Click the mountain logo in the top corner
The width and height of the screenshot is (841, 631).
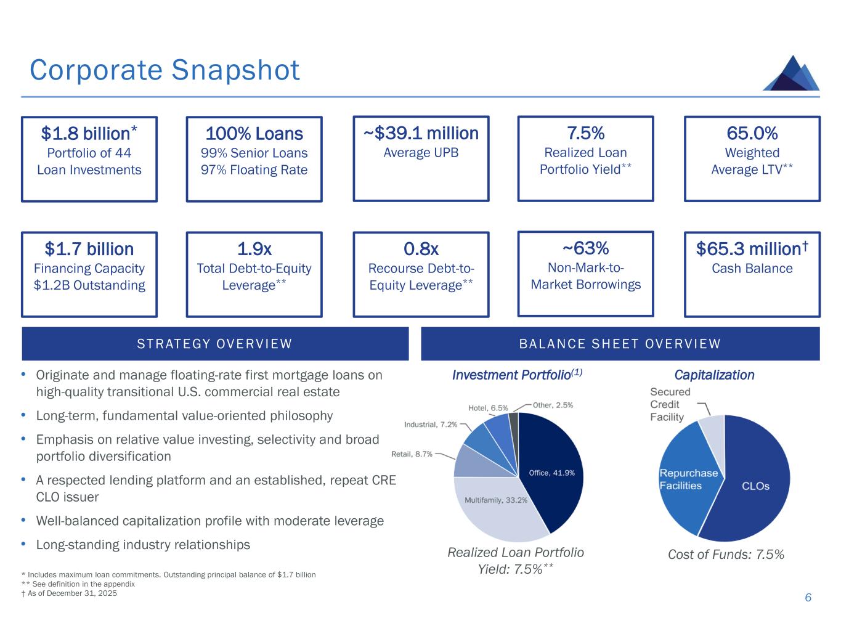tap(792, 73)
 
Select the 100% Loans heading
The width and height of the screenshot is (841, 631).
tap(254, 134)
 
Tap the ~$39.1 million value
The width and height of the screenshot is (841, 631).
tap(421, 133)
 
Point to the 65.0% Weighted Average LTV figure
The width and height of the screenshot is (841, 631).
tap(752, 133)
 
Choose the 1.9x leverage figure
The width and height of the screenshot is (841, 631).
tap(254, 249)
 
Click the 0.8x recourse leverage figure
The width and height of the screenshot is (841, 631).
tap(421, 249)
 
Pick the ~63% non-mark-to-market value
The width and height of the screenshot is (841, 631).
tap(585, 248)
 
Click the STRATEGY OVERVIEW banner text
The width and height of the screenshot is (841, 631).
tap(214, 344)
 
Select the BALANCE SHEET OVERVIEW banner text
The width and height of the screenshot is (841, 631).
tap(620, 344)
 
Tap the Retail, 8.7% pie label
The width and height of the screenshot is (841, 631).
tap(412, 454)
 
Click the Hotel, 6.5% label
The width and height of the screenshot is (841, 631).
tap(488, 408)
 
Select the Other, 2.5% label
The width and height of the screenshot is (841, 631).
tap(553, 405)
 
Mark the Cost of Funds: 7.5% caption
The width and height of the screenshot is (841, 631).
tap(726, 555)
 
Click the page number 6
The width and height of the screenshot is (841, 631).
tap(808, 598)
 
